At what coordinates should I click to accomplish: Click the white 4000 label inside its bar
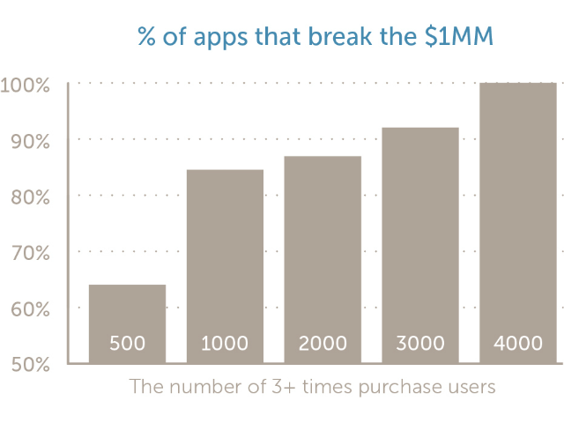point(518,344)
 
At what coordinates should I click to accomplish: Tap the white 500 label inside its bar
point(127,344)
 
